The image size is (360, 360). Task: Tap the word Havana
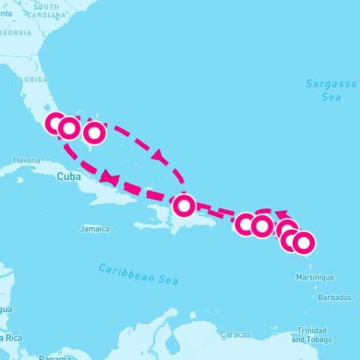pos(26,160)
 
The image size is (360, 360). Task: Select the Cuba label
pos(67,177)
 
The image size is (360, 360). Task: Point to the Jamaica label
pos(96,228)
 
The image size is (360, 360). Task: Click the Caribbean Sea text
pos(139,273)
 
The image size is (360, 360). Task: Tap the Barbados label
pos(334,298)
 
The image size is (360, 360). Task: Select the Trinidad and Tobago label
pos(311,334)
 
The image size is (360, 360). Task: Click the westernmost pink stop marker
pos(56,124)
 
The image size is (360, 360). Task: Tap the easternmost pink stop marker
pos(303,243)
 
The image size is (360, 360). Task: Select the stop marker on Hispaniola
pos(184,205)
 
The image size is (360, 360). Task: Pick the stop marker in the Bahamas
pos(94,133)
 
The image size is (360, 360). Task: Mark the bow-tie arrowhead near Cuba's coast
pos(109,178)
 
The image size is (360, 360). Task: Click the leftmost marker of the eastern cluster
pos(245,223)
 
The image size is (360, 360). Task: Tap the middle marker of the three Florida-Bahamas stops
pos(68,128)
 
